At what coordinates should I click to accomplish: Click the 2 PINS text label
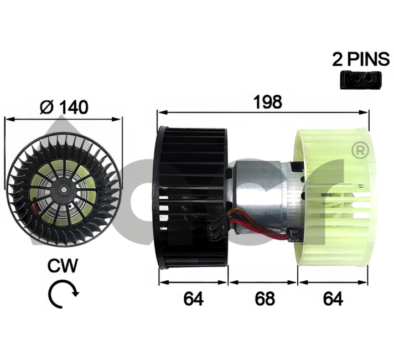[361, 59]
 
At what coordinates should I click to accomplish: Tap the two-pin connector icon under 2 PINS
[361, 80]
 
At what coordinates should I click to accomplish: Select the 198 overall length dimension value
[268, 102]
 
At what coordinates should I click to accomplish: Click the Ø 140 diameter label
[64, 107]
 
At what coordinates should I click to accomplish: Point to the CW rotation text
[63, 266]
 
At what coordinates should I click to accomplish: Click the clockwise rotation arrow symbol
[63, 294]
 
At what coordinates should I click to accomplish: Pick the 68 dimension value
[265, 299]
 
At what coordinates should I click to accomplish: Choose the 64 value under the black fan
[194, 299]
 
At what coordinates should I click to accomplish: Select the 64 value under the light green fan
[333, 299]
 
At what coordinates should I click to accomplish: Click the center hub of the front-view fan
[64, 189]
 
